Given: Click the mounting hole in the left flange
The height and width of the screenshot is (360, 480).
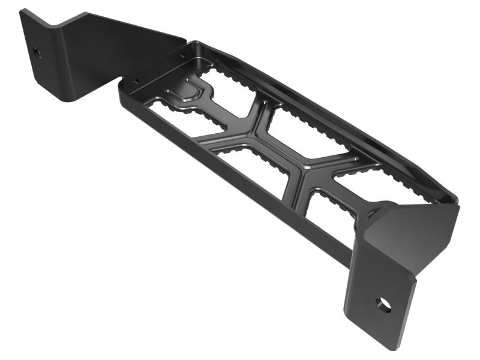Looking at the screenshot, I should (37, 52).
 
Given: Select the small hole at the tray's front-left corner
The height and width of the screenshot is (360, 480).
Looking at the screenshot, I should (136, 79).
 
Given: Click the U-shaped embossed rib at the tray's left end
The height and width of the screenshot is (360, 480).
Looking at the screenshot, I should (186, 93).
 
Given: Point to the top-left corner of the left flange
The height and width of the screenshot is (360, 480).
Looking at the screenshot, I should (22, 11).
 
